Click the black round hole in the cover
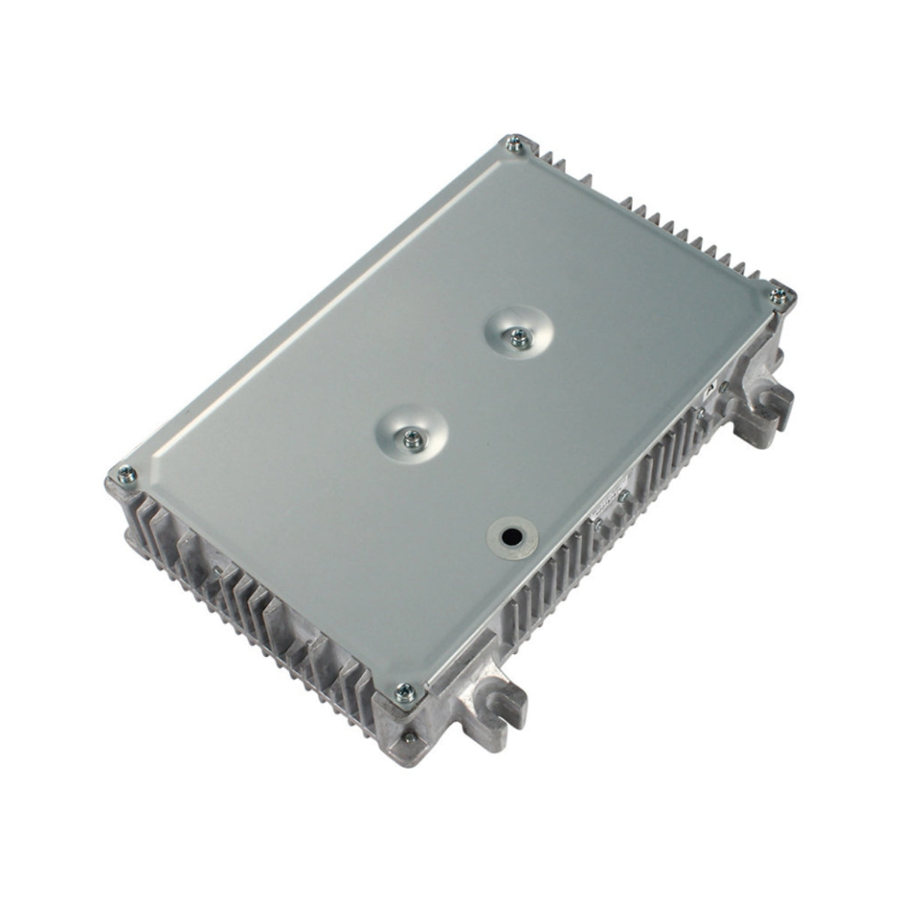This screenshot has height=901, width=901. pyautogui.click(x=512, y=536)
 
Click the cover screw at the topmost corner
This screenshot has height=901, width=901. pyautogui.click(x=514, y=145)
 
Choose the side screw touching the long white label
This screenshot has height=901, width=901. pyautogui.click(x=623, y=496)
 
